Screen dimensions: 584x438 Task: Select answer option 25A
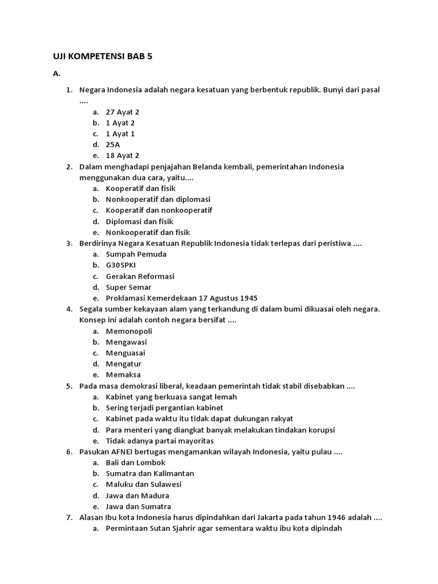(113, 145)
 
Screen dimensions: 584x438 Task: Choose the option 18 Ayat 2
(122, 156)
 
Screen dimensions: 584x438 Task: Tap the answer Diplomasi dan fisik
(139, 221)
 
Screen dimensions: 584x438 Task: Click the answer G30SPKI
(121, 265)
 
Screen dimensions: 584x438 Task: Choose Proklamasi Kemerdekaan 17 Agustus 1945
(181, 298)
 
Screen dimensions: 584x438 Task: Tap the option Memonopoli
(129, 331)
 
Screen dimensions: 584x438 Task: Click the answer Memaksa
(123, 375)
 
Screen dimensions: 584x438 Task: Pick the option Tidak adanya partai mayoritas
(160, 441)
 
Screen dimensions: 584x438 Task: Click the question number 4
(68, 309)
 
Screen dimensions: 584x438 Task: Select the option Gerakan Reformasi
(140, 276)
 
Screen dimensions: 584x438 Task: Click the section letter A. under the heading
(56, 74)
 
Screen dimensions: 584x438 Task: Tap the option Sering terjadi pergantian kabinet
(164, 408)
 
